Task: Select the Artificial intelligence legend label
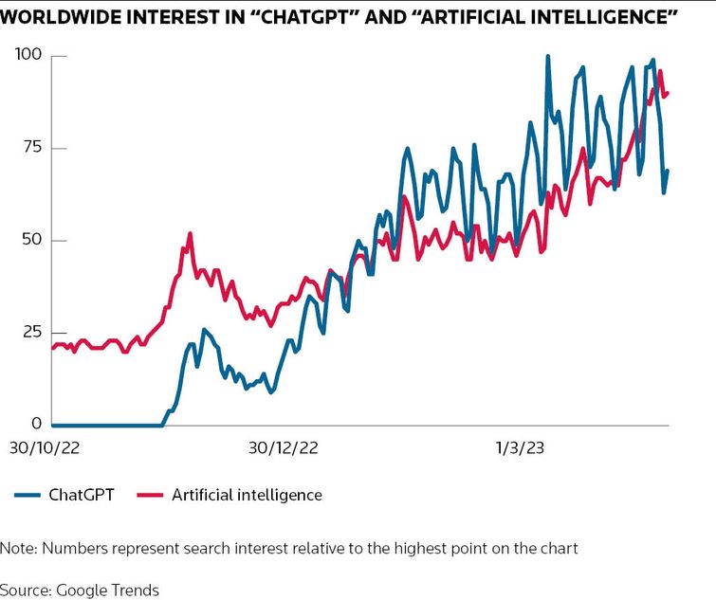(247, 495)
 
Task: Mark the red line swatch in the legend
(151, 495)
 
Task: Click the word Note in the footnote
(17, 549)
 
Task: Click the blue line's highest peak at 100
(548, 56)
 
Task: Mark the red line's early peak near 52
(190, 233)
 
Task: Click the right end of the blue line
(668, 171)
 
